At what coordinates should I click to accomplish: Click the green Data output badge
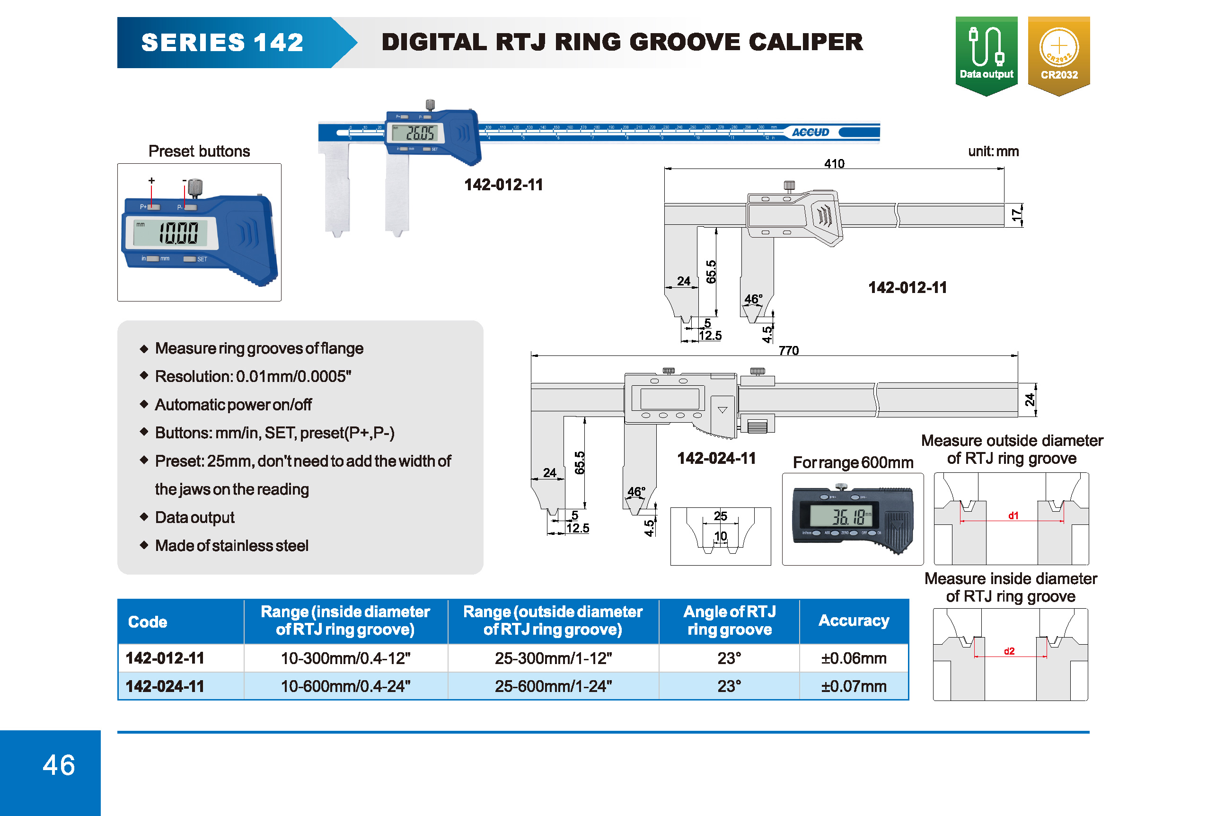(x=986, y=54)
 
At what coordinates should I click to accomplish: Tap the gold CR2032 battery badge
(x=1058, y=54)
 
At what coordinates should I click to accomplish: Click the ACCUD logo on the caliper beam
(x=810, y=133)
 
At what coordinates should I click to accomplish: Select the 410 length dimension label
(x=834, y=164)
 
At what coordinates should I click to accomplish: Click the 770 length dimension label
(x=788, y=351)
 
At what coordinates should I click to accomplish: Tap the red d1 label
(x=1013, y=515)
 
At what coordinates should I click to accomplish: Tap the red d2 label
(x=1009, y=651)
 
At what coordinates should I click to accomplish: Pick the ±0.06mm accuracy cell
(x=853, y=658)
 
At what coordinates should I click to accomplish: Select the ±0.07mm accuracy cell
(x=853, y=686)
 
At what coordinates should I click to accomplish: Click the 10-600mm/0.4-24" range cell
(x=345, y=686)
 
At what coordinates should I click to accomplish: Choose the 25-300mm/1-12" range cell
(x=553, y=658)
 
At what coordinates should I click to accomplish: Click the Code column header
(x=148, y=622)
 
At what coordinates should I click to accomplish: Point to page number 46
(x=59, y=765)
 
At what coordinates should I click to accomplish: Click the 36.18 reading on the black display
(x=849, y=517)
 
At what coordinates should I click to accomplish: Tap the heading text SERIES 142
(x=222, y=42)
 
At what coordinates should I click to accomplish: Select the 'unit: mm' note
(x=993, y=151)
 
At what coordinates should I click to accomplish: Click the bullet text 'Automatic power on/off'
(x=233, y=405)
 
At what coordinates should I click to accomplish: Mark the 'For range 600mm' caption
(x=853, y=462)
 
